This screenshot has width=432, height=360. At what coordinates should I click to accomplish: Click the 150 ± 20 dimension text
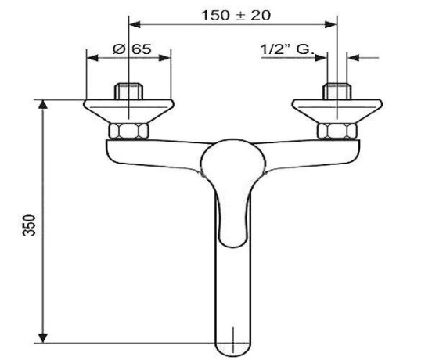click(x=236, y=15)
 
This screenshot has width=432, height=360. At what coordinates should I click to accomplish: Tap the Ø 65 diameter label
click(x=132, y=49)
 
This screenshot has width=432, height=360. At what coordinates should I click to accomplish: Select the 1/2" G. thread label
click(x=287, y=49)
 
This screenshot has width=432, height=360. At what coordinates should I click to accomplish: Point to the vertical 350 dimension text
click(x=29, y=225)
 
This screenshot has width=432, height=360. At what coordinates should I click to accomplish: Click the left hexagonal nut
click(x=129, y=131)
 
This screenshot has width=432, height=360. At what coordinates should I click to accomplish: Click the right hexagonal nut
click(x=337, y=131)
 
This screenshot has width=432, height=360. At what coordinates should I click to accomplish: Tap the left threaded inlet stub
click(x=129, y=92)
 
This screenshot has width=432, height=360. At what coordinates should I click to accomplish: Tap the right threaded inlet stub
click(x=337, y=92)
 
